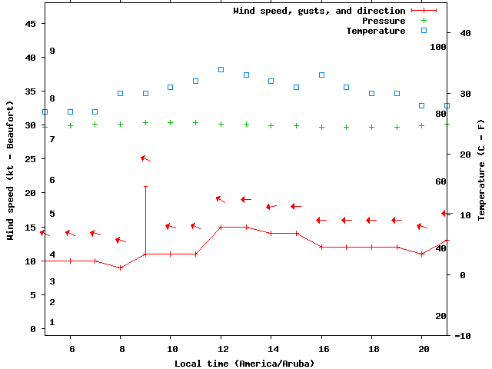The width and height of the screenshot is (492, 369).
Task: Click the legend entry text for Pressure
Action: click(384, 21)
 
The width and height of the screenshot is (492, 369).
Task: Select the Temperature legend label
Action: click(375, 31)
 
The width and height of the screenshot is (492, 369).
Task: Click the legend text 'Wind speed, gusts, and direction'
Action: click(319, 11)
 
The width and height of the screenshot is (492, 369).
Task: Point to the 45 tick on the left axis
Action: click(31, 24)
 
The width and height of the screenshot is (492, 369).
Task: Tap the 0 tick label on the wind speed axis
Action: click(33, 329)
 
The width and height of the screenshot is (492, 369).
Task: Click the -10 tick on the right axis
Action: click(463, 336)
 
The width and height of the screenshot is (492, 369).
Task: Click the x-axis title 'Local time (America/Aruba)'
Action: click(244, 363)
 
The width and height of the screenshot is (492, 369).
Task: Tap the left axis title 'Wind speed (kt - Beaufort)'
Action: click(11, 170)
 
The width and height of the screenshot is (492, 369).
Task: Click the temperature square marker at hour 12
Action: click(221, 69)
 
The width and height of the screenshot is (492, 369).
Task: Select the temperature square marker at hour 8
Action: click(121, 93)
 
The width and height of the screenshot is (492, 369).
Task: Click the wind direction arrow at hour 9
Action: click(145, 158)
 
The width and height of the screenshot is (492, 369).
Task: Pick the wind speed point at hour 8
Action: click(121, 268)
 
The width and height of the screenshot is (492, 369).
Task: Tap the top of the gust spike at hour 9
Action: click(145, 186)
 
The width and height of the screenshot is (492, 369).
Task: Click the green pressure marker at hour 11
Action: click(195, 122)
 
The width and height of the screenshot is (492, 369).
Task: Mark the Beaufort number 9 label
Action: click(52, 51)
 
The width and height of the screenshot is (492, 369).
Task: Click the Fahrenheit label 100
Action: click(438, 47)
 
